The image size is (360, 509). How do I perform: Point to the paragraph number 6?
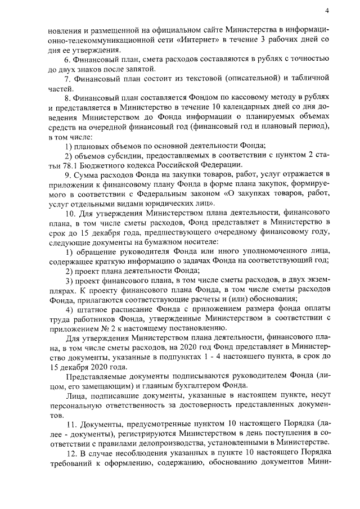tap(68, 59)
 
